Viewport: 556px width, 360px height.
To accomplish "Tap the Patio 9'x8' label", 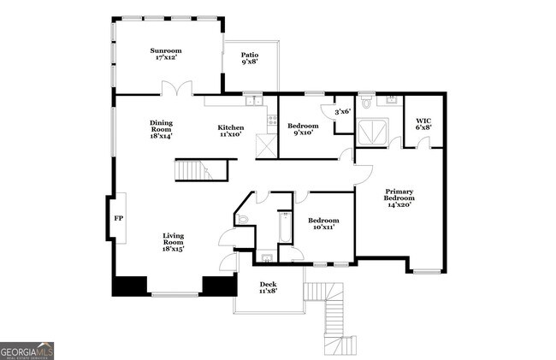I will pos(249,58).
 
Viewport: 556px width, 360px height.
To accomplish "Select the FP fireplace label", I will pos(118,219).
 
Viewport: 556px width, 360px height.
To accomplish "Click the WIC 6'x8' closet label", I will pos(423,123).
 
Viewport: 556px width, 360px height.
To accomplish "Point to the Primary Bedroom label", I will pos(399,198).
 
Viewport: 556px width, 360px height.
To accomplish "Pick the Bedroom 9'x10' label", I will pos(303,129).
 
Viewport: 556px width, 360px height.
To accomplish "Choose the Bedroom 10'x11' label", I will pos(324,223).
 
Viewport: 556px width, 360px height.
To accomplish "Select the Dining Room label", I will pos(161,130).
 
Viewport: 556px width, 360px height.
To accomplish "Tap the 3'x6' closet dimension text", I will pos(342,111).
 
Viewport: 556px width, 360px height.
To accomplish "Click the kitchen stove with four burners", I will pos(272,121).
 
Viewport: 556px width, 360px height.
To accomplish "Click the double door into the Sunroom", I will pos(178,88).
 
